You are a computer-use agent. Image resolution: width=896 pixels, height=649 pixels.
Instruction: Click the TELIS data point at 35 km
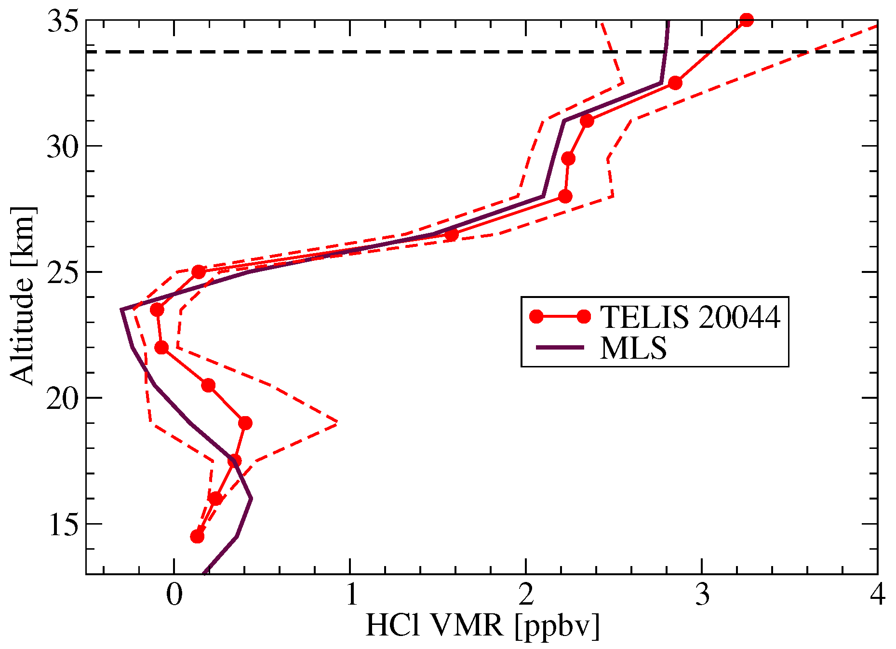(746, 20)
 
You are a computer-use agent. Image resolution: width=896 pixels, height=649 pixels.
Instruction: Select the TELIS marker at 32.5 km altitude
(675, 83)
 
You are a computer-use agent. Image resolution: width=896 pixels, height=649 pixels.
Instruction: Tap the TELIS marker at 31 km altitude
(587, 121)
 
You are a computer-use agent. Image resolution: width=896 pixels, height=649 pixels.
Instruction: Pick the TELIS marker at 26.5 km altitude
(451, 235)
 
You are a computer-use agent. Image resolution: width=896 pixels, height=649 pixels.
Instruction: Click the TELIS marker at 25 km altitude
(199, 272)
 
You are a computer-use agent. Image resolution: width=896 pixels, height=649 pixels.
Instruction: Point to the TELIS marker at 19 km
(245, 423)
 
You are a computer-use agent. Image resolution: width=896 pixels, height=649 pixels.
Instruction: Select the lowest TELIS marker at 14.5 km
(197, 537)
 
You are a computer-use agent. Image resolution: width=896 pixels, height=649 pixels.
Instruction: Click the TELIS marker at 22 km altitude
(161, 348)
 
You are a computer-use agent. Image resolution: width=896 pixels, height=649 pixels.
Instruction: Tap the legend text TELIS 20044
(690, 317)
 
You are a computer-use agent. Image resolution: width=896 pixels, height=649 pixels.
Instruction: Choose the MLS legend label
(633, 348)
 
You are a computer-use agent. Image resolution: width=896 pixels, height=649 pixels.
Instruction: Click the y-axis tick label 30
(62, 147)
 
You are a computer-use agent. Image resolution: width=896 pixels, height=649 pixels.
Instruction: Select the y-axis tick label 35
(62, 22)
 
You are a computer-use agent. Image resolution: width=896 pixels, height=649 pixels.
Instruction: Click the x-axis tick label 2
(526, 595)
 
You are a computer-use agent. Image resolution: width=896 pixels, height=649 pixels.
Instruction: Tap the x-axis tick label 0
(174, 595)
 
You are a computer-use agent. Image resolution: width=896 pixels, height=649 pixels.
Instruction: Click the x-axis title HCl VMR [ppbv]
(482, 626)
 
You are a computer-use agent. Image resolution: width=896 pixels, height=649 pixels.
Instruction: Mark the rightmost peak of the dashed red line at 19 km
(337, 422)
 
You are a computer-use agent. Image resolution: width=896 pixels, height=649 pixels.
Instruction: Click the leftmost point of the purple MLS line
(121, 310)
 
